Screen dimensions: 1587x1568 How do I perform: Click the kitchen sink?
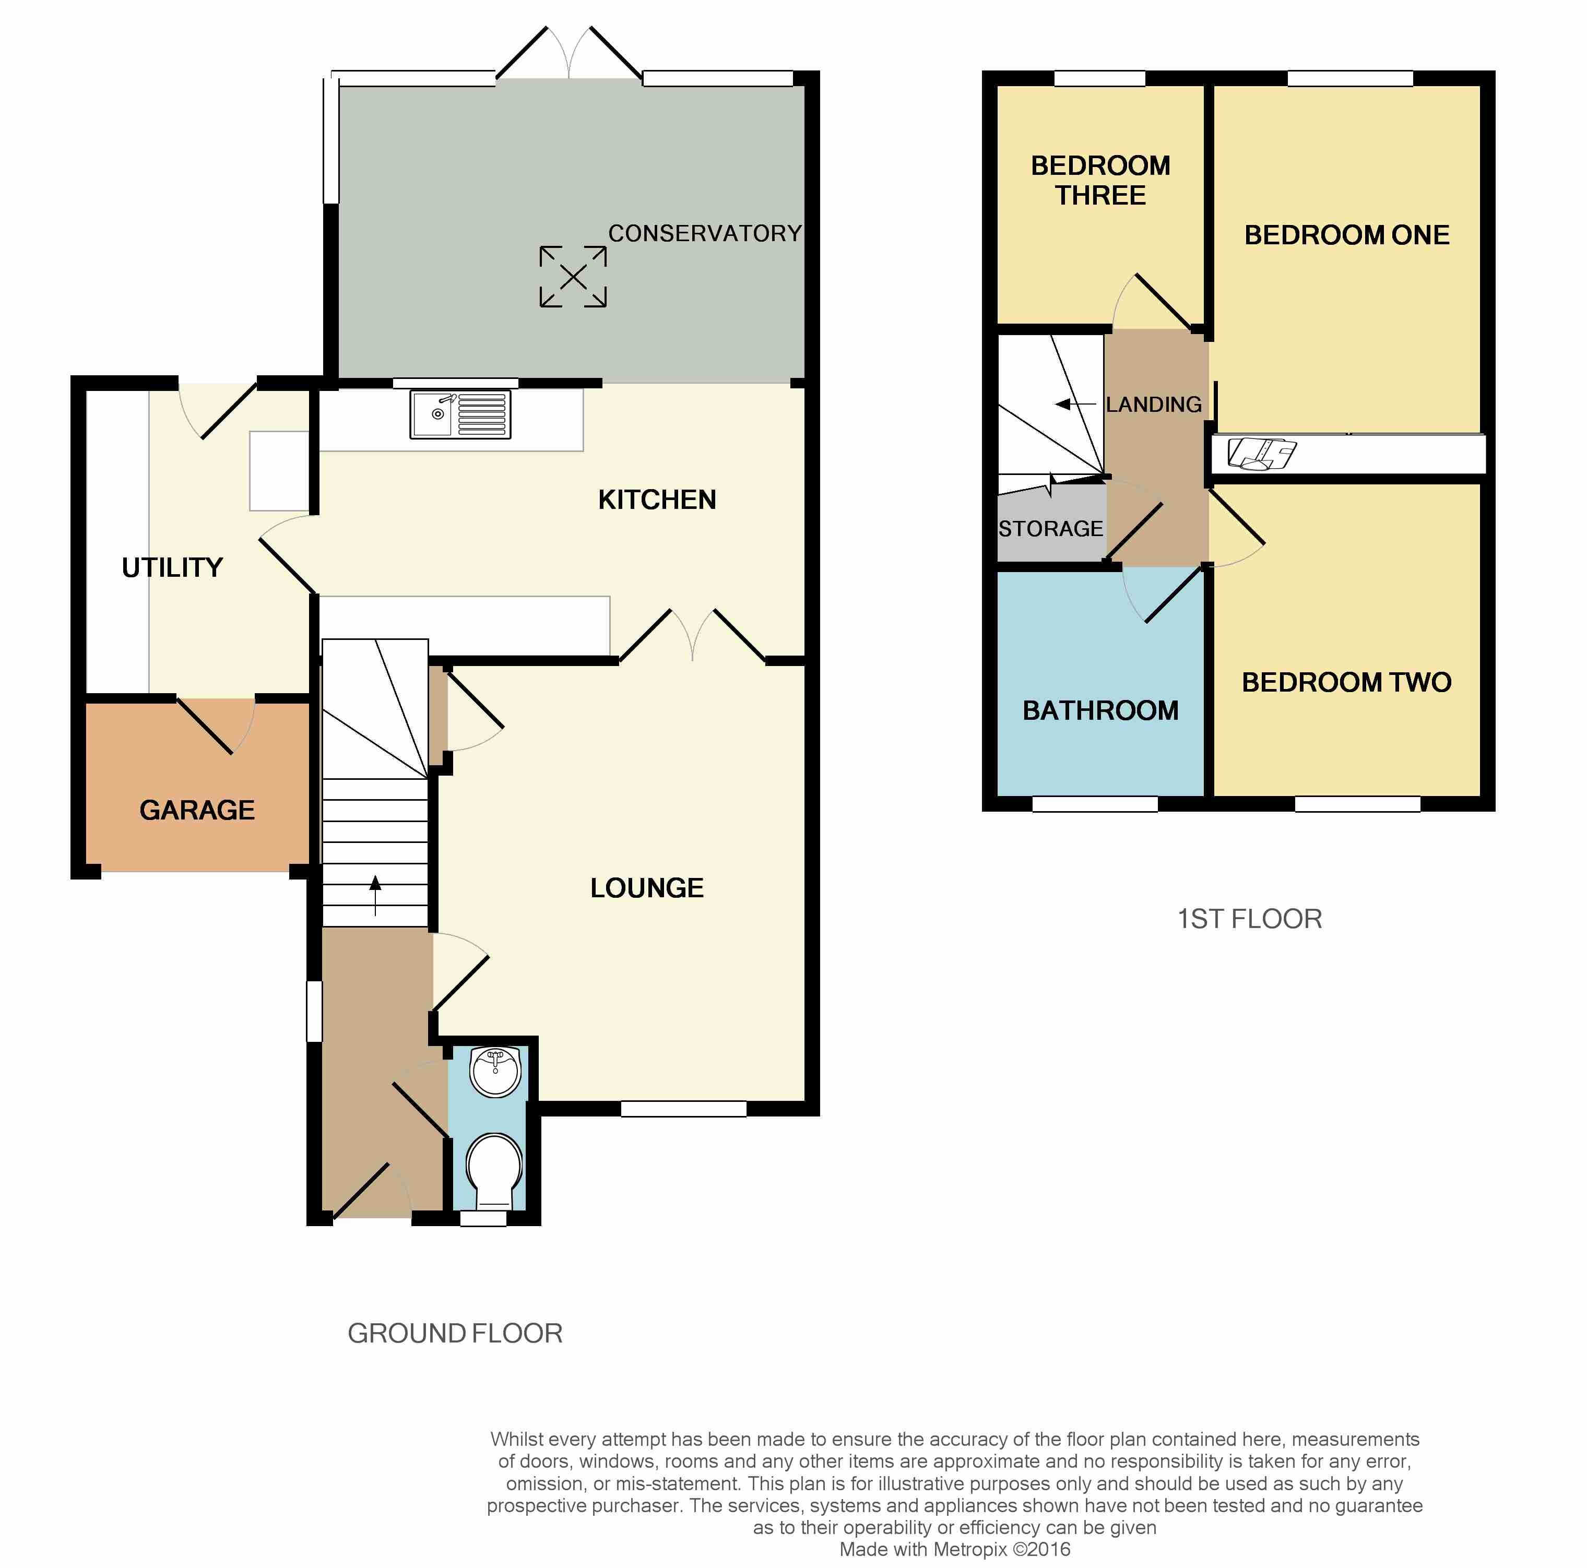[460, 414]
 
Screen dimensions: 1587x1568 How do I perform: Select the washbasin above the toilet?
[495, 1072]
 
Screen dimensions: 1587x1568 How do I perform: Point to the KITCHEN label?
[657, 500]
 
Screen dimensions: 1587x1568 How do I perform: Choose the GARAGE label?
[197, 810]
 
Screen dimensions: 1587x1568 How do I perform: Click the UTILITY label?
[172, 567]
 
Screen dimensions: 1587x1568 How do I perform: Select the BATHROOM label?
[1100, 710]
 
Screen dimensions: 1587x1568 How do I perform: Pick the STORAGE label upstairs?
[1051, 529]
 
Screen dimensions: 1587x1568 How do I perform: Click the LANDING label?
[1154, 404]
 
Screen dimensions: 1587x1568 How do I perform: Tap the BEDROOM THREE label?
[1100, 181]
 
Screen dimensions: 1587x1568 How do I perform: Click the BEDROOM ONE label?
[1347, 235]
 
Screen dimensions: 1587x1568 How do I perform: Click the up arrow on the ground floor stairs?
[375, 895]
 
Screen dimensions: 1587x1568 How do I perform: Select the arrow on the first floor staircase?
[1075, 404]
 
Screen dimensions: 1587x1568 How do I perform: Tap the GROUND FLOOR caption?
[455, 1333]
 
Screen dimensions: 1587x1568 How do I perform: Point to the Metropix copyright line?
[954, 1549]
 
